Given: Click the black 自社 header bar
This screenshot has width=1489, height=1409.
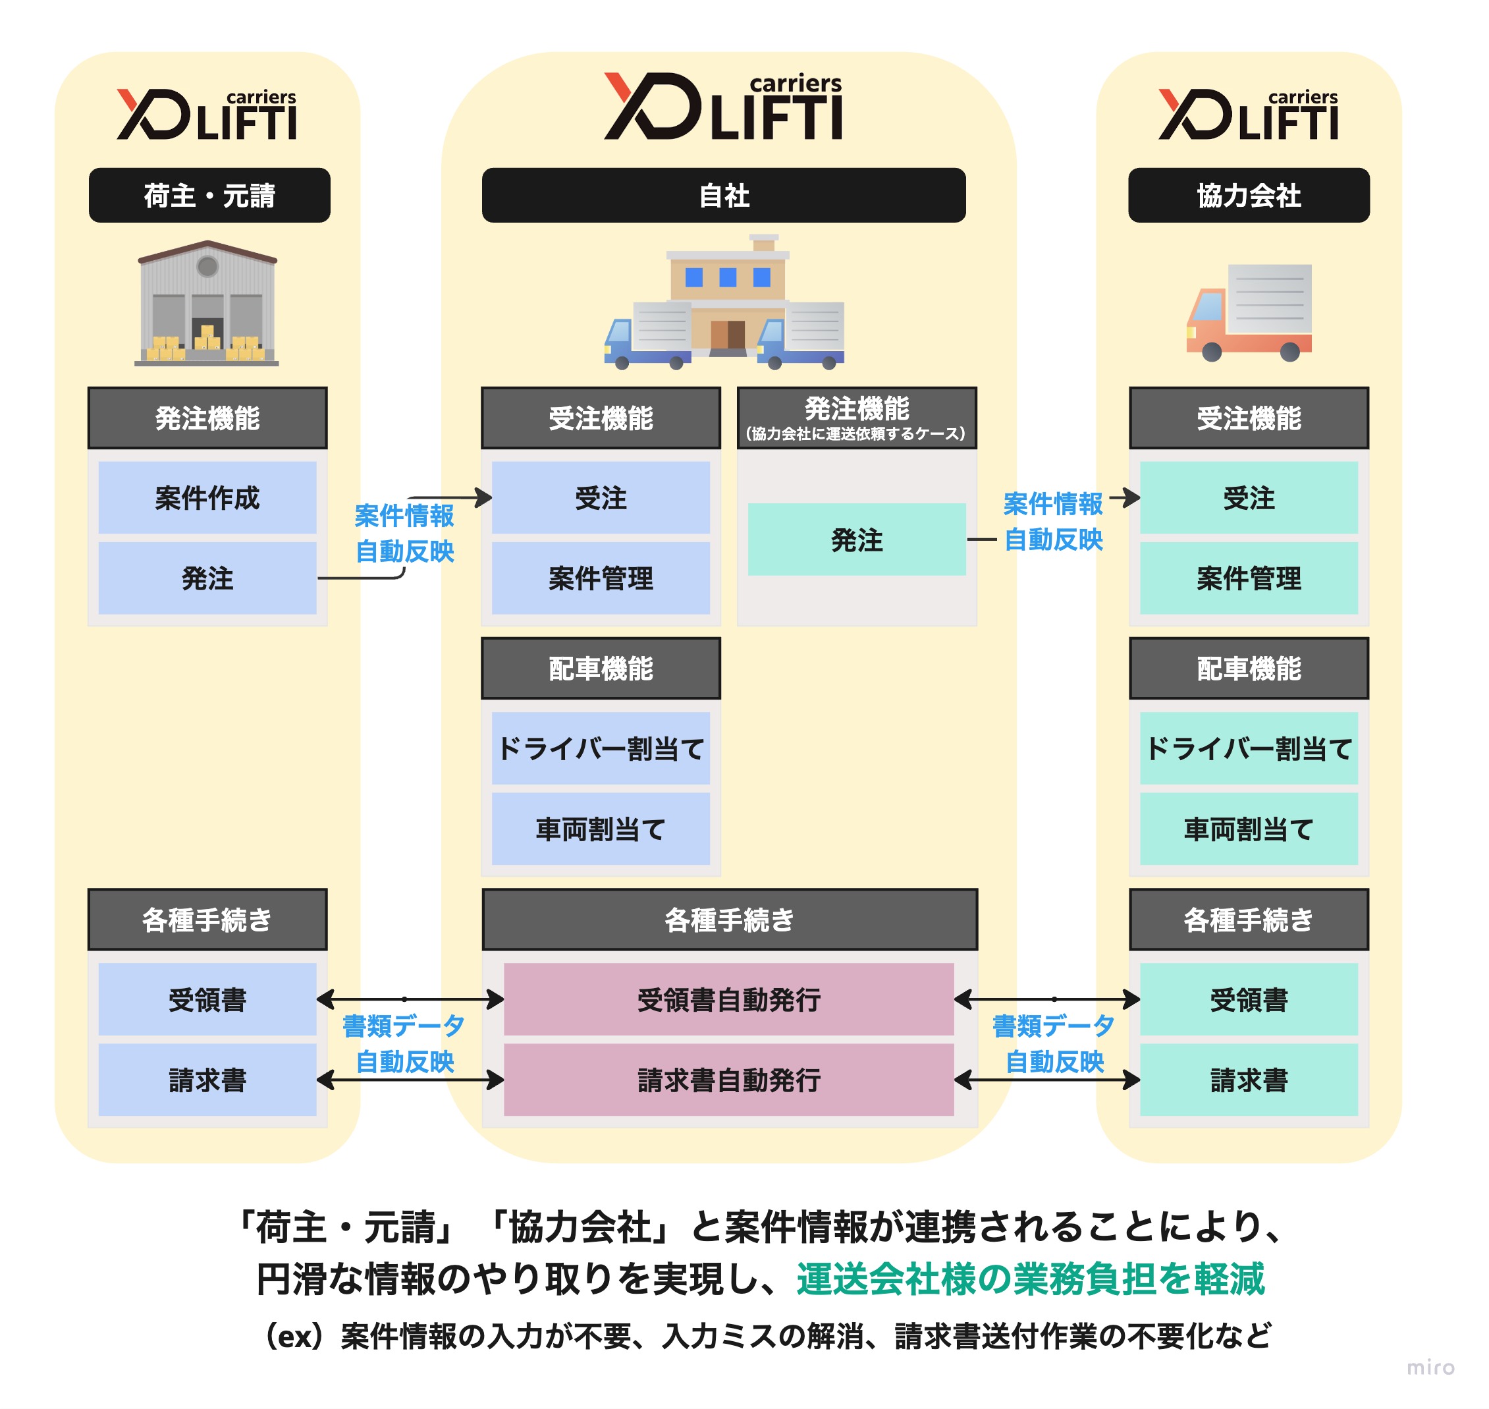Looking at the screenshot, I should [723, 195].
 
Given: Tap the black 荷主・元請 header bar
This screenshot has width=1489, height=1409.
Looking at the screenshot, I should [209, 195].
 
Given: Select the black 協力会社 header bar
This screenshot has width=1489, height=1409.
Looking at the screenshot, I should [1248, 195].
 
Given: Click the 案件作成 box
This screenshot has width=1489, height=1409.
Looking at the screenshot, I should [207, 497].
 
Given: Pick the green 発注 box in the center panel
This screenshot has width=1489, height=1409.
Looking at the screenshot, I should [856, 539].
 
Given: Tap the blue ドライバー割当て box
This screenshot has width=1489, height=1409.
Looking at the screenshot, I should [600, 748].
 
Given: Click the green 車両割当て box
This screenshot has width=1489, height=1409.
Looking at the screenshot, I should [1248, 829].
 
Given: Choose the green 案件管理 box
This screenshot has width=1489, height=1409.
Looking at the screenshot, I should [1248, 578].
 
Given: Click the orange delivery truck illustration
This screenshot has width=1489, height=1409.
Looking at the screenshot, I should [1248, 312].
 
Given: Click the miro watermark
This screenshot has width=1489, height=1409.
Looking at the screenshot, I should [1430, 1366].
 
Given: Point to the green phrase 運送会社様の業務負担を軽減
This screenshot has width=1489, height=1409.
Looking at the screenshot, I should [1030, 1279].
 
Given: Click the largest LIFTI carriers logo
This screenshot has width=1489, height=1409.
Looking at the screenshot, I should [723, 107].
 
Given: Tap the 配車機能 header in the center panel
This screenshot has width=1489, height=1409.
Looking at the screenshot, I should [600, 668].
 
